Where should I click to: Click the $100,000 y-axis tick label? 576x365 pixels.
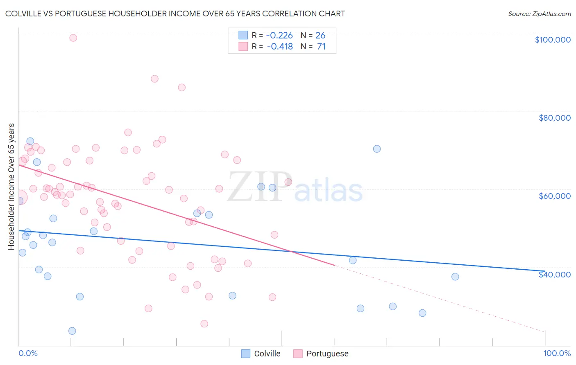click(552, 40)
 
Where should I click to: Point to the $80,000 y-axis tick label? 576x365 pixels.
click(554, 118)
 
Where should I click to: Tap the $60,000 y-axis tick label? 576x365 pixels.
click(554, 196)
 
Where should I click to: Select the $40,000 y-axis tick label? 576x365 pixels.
click(554, 274)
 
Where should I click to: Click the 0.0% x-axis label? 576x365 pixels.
click(28, 353)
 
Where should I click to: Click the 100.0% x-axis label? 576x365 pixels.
click(557, 353)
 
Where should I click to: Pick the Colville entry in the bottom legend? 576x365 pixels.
click(261, 354)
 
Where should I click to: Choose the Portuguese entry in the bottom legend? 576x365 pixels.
click(321, 354)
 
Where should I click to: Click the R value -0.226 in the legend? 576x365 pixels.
click(279, 36)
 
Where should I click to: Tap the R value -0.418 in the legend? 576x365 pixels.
click(279, 47)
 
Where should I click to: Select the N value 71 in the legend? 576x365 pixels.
click(321, 47)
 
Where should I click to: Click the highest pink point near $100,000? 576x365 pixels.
click(73, 38)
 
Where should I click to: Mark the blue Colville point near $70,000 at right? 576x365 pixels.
click(377, 149)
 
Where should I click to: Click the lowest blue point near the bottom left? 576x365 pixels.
click(72, 331)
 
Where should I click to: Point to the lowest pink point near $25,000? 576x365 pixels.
click(204, 324)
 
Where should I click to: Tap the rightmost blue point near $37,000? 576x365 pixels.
click(455, 277)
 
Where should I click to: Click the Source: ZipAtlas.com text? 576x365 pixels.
click(539, 14)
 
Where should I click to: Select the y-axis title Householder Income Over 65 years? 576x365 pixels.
click(11, 186)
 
